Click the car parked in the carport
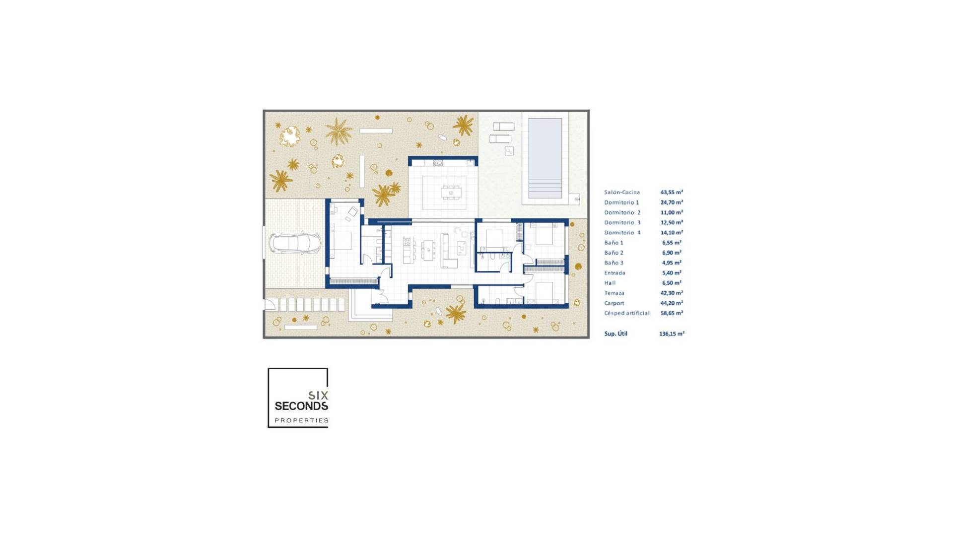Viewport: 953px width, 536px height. pos(295,243)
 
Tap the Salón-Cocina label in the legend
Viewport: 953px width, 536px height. pos(622,193)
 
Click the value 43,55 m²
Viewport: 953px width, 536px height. pos(672,192)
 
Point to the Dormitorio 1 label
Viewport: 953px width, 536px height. pos(621,202)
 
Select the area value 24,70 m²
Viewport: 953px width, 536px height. pos(672,202)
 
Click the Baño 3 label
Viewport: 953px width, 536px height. pos(613,263)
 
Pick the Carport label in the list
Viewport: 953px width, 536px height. pos(614,303)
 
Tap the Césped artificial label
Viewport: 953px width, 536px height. pos(626,313)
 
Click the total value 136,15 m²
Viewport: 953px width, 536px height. pos(672,334)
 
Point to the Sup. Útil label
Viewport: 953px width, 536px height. pos(615,334)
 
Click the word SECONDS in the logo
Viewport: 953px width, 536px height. pos(301,406)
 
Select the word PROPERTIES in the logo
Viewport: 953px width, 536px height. pos(301,420)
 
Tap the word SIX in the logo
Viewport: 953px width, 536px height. pos(318,396)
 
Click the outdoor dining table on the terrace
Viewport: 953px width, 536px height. pos(451,192)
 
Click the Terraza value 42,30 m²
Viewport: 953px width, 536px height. pos(672,293)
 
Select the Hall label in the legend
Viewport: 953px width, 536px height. pos(610,283)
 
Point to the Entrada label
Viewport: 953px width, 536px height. pos(614,273)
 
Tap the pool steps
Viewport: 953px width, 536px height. pos(545,189)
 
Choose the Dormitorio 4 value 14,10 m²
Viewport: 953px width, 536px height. pos(672,233)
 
